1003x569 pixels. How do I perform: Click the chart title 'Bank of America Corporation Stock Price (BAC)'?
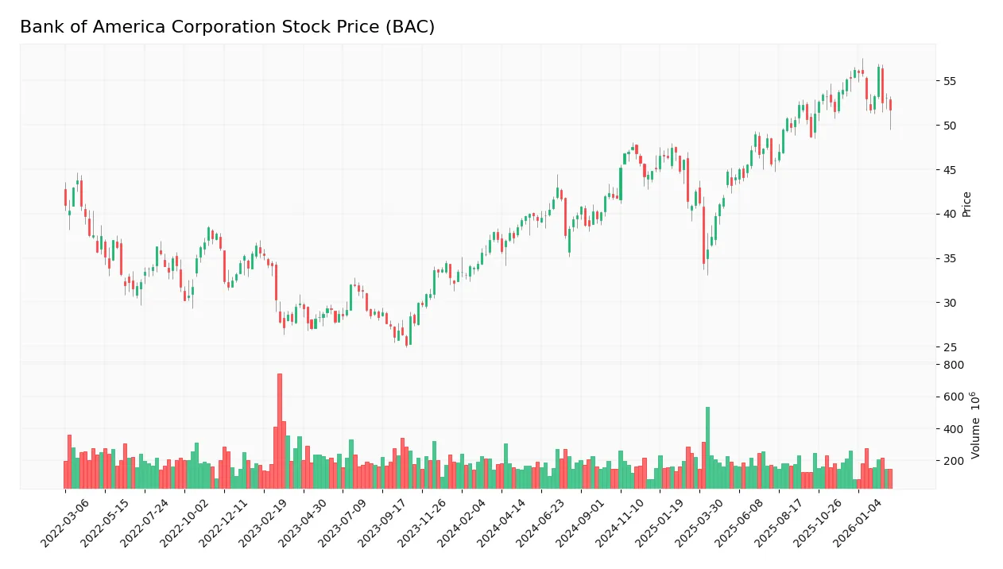click(227, 27)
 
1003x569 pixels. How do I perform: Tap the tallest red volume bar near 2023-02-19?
click(280, 431)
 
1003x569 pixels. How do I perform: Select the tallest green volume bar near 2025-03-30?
click(707, 447)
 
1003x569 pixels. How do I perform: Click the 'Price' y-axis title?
click(967, 204)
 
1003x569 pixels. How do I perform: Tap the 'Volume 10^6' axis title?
click(975, 425)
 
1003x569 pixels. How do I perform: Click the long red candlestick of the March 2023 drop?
click(276, 282)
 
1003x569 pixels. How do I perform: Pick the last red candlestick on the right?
click(890, 105)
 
